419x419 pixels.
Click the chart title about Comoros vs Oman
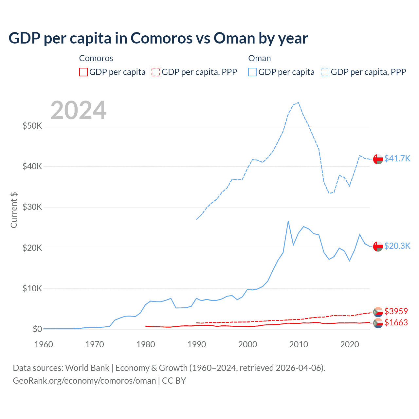coord(158,38)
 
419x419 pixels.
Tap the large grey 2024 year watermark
coord(78,110)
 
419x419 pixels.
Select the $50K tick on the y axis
coord(32,126)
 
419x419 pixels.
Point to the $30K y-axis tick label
coord(32,207)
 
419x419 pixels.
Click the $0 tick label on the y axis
coord(37,329)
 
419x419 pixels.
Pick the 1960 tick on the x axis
coord(44,344)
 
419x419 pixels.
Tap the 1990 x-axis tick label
coord(197,344)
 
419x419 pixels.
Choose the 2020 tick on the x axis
coord(350,344)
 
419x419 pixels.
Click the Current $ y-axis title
coord(14,210)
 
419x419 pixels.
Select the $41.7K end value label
coord(397,158)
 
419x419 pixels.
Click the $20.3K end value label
coord(397,246)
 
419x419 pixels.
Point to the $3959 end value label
coord(396,311)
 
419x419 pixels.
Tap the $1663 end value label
coord(396,322)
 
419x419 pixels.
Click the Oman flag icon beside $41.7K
coord(378,159)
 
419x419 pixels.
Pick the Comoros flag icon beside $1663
coord(378,323)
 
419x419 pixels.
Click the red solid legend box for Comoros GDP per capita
coord(83,72)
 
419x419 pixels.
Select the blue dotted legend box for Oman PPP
coord(325,72)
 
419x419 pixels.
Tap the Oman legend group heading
coord(260,58)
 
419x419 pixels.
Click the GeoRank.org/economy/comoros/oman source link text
coord(84,381)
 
